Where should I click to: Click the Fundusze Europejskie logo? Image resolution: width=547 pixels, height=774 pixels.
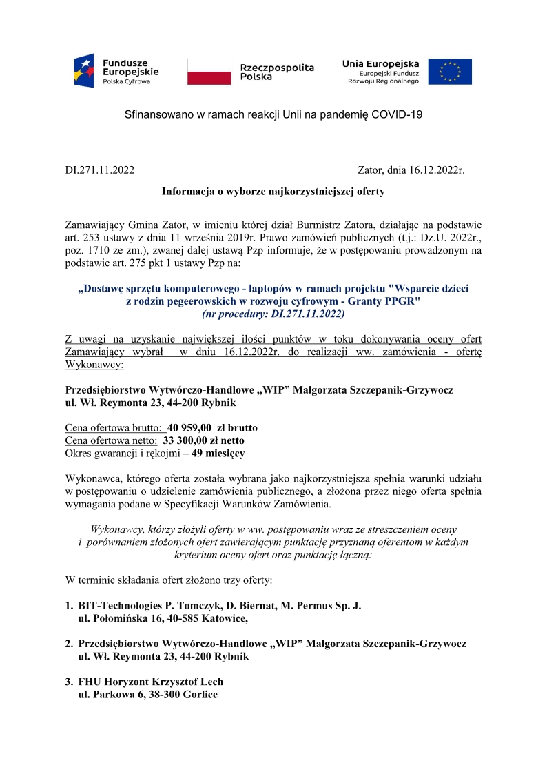(116, 70)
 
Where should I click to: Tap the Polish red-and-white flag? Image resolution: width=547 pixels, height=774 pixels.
(209, 71)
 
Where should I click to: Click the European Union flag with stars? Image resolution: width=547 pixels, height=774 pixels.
(450, 72)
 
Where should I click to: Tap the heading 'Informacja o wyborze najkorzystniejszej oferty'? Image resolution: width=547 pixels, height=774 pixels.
(273, 191)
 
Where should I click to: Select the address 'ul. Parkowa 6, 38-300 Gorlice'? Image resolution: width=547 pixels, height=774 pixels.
(147, 695)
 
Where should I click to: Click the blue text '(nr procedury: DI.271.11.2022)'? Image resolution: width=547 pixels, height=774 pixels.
(273, 314)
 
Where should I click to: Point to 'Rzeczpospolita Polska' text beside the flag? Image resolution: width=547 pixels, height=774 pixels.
(277, 72)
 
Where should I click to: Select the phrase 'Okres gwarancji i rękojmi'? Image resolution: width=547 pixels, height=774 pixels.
(122, 454)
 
